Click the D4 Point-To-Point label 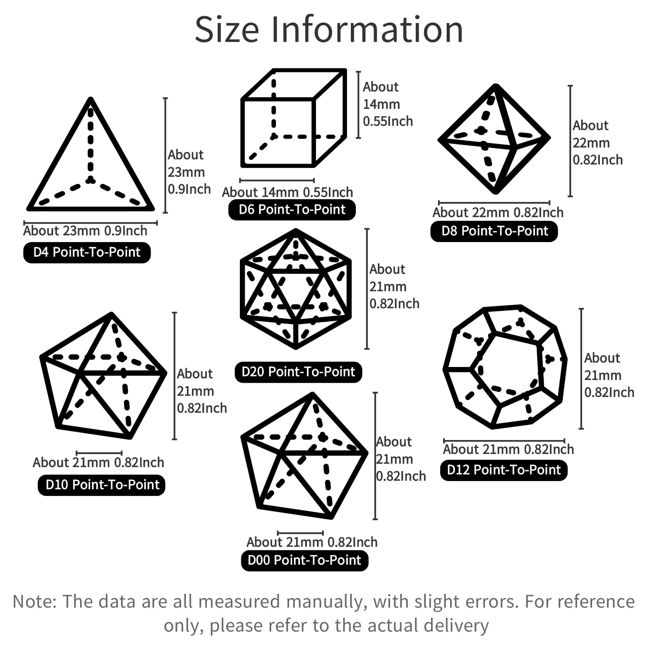click(x=87, y=252)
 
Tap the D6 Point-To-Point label click(x=292, y=210)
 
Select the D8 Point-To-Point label click(x=494, y=231)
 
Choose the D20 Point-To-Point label click(x=298, y=372)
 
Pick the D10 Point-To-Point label click(x=101, y=485)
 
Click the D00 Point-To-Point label click(x=305, y=560)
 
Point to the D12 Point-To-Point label click(x=504, y=470)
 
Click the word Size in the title click(x=227, y=30)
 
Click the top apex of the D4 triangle click(x=91, y=99)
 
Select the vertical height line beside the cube click(x=358, y=105)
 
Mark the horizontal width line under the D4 click(x=91, y=223)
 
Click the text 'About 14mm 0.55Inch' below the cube click(x=287, y=192)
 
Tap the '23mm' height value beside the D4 click(x=186, y=172)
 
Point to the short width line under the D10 click(x=99, y=453)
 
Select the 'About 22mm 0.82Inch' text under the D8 click(x=498, y=212)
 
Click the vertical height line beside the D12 click(x=581, y=369)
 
